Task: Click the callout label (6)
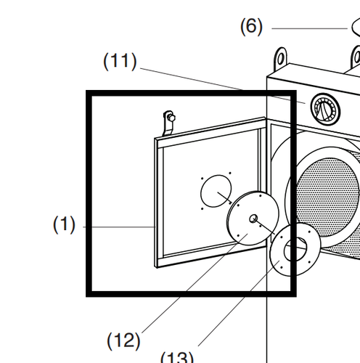[x=251, y=27]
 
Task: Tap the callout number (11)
[x=120, y=61]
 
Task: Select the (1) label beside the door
[x=64, y=225]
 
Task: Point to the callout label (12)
[x=123, y=339]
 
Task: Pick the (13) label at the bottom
[x=176, y=357]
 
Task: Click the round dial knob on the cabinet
[x=324, y=109]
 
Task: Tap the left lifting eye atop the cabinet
[x=281, y=57]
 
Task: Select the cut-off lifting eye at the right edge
[x=356, y=56]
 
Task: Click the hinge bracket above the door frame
[x=168, y=122]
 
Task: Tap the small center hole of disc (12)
[x=253, y=218]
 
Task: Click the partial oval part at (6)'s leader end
[x=356, y=28]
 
